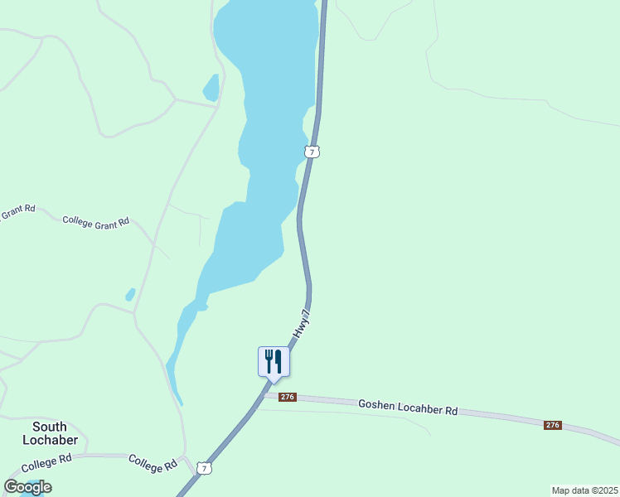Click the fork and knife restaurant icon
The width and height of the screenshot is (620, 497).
click(x=273, y=362)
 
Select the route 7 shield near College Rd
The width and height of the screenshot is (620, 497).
click(x=204, y=469)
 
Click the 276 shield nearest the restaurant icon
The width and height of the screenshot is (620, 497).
click(x=288, y=398)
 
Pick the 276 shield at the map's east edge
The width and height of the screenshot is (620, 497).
click(x=553, y=425)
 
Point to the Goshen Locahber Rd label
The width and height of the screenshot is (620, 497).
click(x=408, y=408)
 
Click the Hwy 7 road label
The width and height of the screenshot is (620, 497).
click(x=304, y=324)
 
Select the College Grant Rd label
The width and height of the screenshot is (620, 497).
click(x=96, y=221)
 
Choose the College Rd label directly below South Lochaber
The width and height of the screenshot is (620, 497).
click(x=47, y=462)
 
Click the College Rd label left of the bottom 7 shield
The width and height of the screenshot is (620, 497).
click(x=153, y=463)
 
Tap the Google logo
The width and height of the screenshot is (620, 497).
click(x=27, y=487)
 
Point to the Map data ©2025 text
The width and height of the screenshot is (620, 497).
click(x=584, y=490)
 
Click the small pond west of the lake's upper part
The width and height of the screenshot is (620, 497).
click(x=211, y=89)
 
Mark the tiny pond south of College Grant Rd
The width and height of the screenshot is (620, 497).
click(x=130, y=294)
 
